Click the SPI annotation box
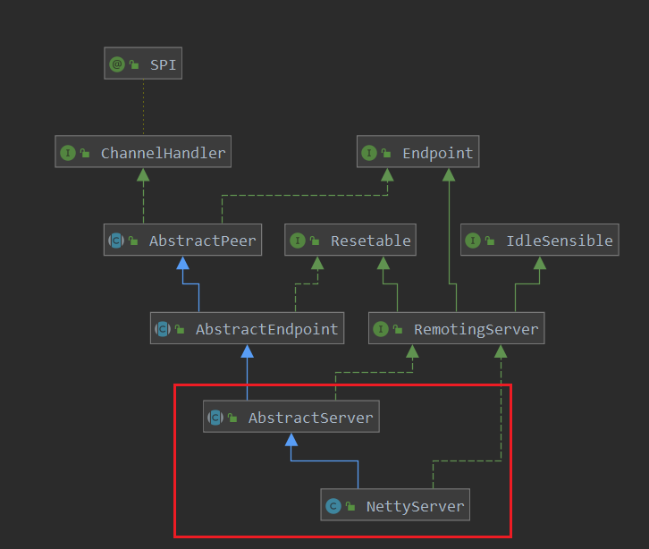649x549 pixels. pos(143,64)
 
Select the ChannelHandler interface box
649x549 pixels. pos(143,153)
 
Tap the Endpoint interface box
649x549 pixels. pos(417,153)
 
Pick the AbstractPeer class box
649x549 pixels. pos(182,241)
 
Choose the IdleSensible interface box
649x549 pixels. pos(540,241)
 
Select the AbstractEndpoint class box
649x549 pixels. pos(248,329)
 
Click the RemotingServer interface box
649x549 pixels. pos(456,329)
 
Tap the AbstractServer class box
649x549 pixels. pos(291,418)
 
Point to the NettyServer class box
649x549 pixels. pos(395,506)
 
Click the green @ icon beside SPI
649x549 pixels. pos(117,64)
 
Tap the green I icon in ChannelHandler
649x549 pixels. pos(67,153)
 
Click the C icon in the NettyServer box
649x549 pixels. pos(333,506)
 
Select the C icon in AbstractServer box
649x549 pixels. pos(215,418)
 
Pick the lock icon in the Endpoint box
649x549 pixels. pos(387,154)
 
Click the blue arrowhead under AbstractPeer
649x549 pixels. pos(182,262)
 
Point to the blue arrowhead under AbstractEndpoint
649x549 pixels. pos(248,351)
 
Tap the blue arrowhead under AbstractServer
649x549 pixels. pos(291,439)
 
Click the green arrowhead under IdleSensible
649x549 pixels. pos(539,262)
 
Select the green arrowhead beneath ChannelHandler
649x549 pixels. pos(143,173)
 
